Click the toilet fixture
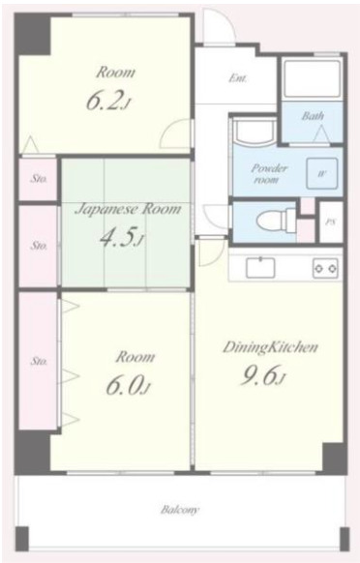click(x=276, y=220)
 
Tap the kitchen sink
click(x=260, y=268)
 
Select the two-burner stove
click(x=325, y=268)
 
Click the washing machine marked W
click(x=321, y=173)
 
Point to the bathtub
click(x=312, y=78)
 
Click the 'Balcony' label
click(x=179, y=510)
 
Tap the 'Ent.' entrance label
click(x=238, y=78)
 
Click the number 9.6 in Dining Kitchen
click(x=259, y=375)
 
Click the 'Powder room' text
click(x=269, y=174)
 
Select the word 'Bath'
click(x=313, y=116)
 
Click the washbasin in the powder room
click(x=254, y=132)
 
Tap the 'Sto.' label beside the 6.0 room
click(x=39, y=361)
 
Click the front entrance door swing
click(x=219, y=26)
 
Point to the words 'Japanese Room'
click(x=128, y=209)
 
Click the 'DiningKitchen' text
click(x=270, y=347)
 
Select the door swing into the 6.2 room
click(x=176, y=133)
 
